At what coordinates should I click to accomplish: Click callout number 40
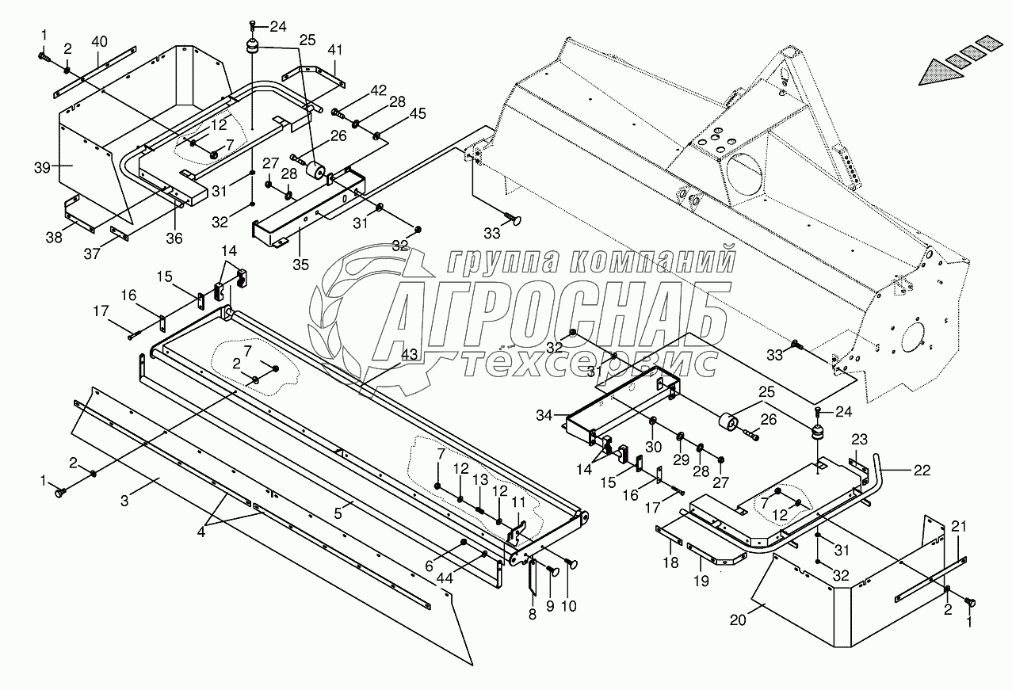coord(99,40)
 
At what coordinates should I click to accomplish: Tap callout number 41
coord(335,50)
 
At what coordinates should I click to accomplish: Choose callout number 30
coord(653,446)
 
